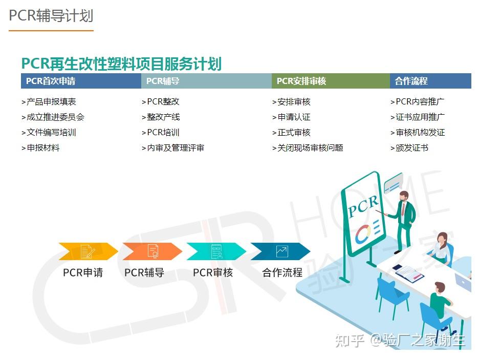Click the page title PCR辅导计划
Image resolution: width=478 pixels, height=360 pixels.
coord(51,15)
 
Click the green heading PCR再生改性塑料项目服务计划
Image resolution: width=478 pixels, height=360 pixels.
coord(121,64)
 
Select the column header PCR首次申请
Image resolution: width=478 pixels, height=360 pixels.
coord(51,81)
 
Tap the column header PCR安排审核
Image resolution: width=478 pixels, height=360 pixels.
coord(301,81)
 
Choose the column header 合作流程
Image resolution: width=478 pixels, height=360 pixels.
coord(411,81)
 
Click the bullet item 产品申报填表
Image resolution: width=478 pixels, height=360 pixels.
coord(49,102)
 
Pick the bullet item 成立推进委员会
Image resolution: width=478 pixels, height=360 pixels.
coord(53,117)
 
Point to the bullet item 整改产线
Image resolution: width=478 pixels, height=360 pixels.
coord(161,117)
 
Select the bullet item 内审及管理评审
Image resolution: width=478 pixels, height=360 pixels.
coord(173,148)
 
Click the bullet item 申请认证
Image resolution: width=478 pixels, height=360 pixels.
coord(292,117)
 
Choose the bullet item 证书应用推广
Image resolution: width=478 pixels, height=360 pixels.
coord(418,117)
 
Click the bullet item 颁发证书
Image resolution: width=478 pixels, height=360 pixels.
coord(409,148)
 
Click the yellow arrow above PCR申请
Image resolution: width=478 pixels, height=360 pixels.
coord(88,251)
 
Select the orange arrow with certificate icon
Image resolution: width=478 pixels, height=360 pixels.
coord(152,251)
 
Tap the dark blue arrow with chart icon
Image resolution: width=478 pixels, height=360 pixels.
coord(280,251)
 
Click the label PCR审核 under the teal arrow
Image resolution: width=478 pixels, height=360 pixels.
coord(213,273)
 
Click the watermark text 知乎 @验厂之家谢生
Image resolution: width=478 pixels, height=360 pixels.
coord(400,340)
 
